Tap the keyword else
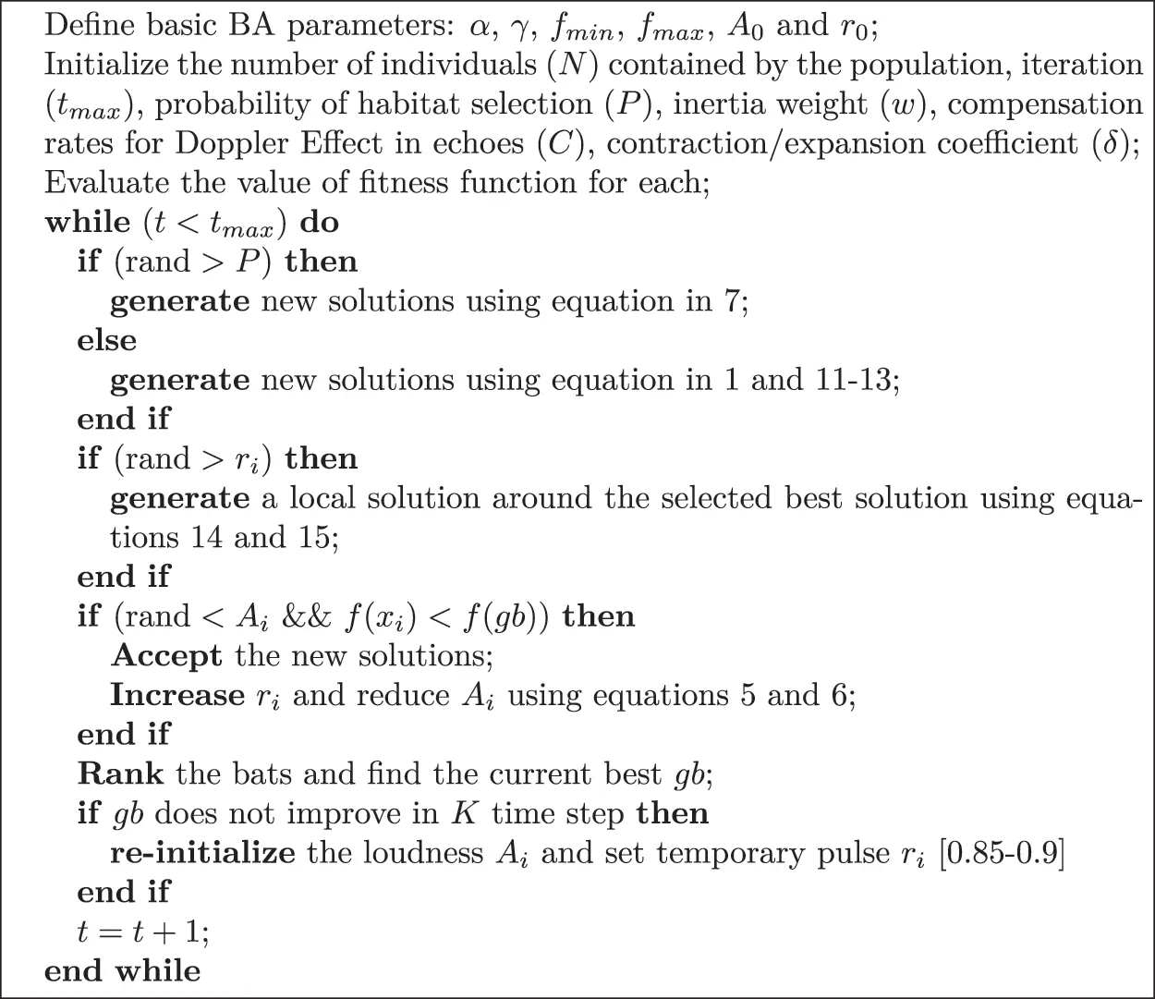(106, 341)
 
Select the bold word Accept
(166, 656)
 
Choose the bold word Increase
(177, 695)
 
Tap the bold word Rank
(120, 774)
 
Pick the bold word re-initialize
(203, 853)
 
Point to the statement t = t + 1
(143, 932)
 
